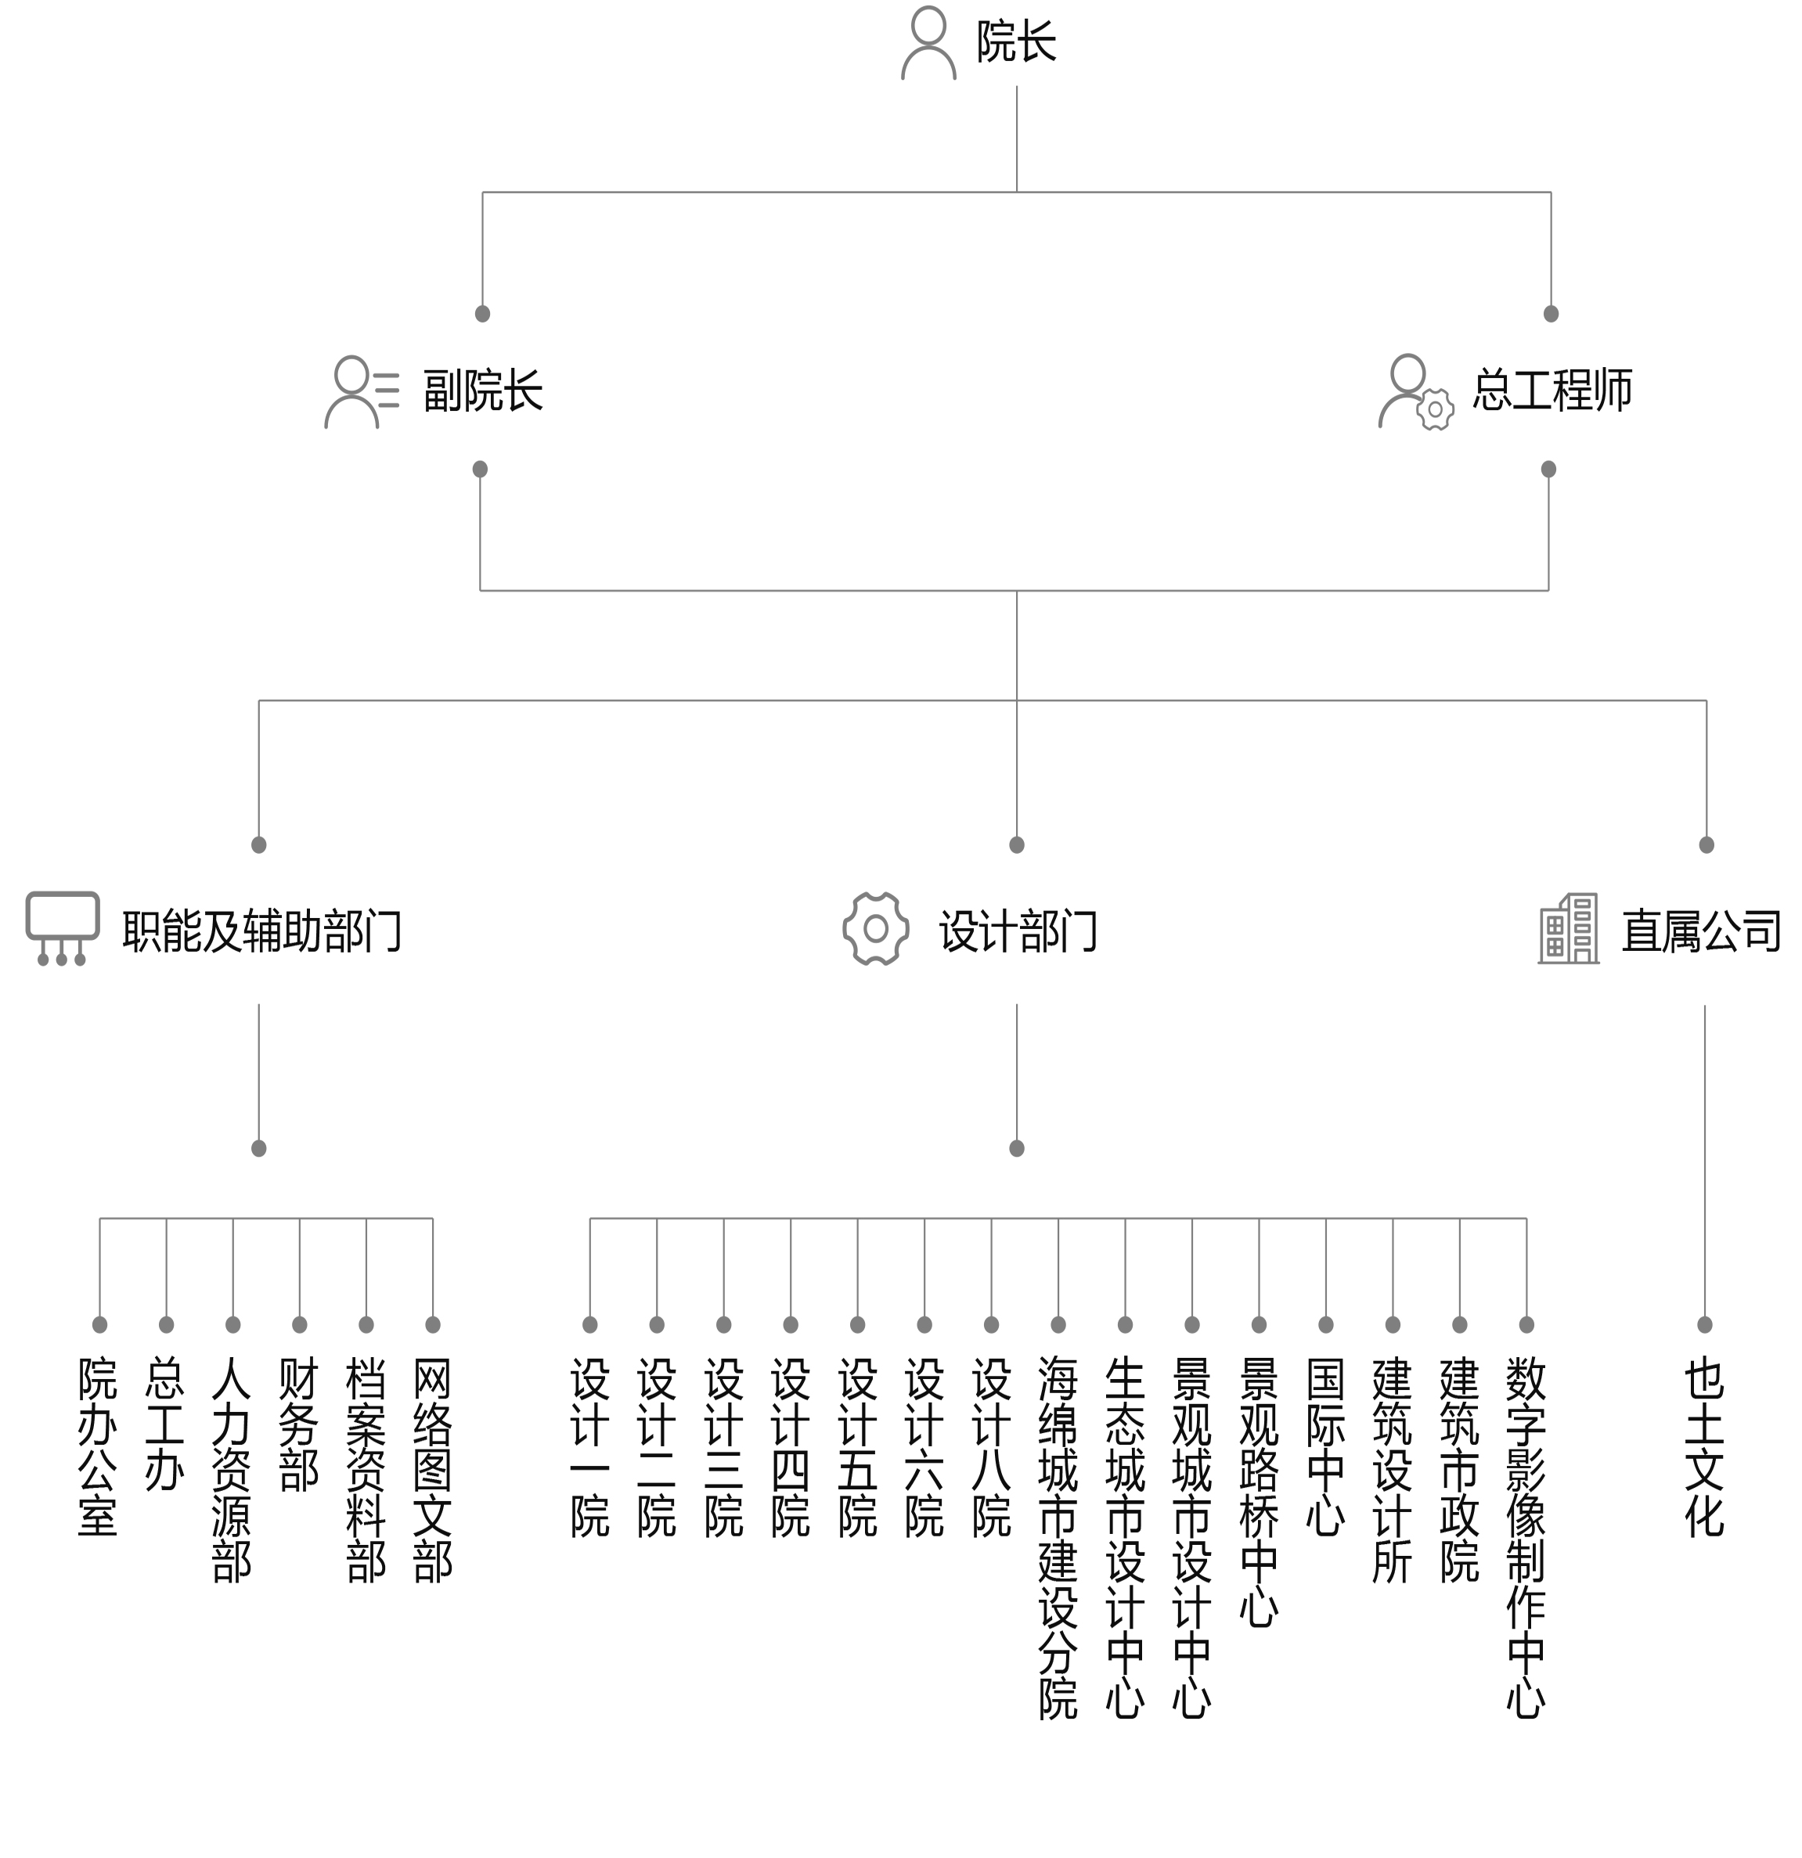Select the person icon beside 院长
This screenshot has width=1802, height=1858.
point(928,44)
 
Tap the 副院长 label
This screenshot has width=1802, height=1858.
point(482,391)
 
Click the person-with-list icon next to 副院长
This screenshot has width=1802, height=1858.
point(361,391)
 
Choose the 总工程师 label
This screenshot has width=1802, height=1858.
point(1552,390)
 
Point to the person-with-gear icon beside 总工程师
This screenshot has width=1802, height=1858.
point(1415,391)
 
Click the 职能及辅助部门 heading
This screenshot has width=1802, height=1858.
point(262,931)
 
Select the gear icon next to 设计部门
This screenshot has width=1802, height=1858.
point(876,929)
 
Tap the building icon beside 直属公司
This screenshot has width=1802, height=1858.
point(1568,929)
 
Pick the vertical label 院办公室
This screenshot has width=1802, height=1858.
point(99,1446)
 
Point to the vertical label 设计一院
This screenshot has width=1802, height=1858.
point(589,1446)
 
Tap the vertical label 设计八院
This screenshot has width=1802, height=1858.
point(992,1446)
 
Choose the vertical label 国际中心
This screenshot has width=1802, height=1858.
point(1325,1446)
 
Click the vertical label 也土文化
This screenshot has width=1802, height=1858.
point(1704,1446)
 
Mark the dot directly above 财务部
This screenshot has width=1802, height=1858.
point(300,1324)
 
